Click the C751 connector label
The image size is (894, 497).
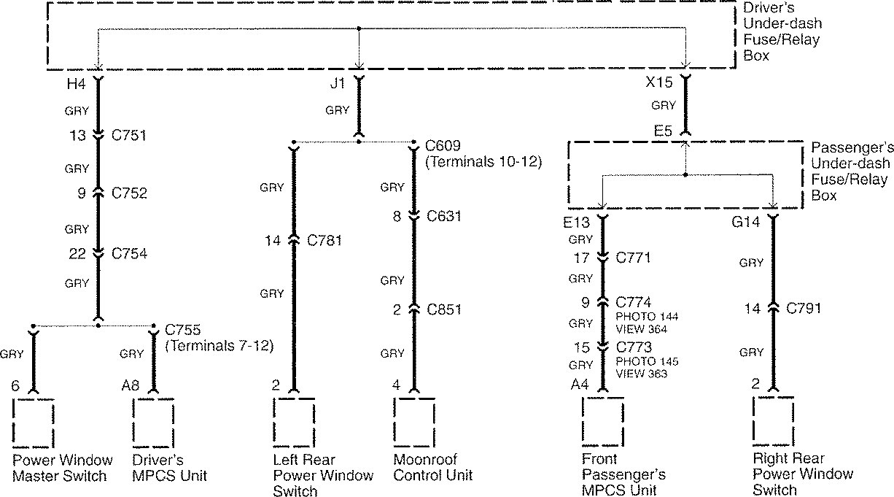coord(129,135)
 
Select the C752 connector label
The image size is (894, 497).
coord(129,193)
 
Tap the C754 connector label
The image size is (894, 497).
coord(129,253)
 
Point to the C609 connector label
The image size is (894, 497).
coord(442,145)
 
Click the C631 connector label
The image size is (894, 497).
coord(445,216)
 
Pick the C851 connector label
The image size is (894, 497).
coord(445,309)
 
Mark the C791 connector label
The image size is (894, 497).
coord(803,308)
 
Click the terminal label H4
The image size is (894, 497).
coord(76,84)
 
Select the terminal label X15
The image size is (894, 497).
coord(659,83)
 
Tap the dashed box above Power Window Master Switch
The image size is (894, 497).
coord(33,422)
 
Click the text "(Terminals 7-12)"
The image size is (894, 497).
coord(219,346)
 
